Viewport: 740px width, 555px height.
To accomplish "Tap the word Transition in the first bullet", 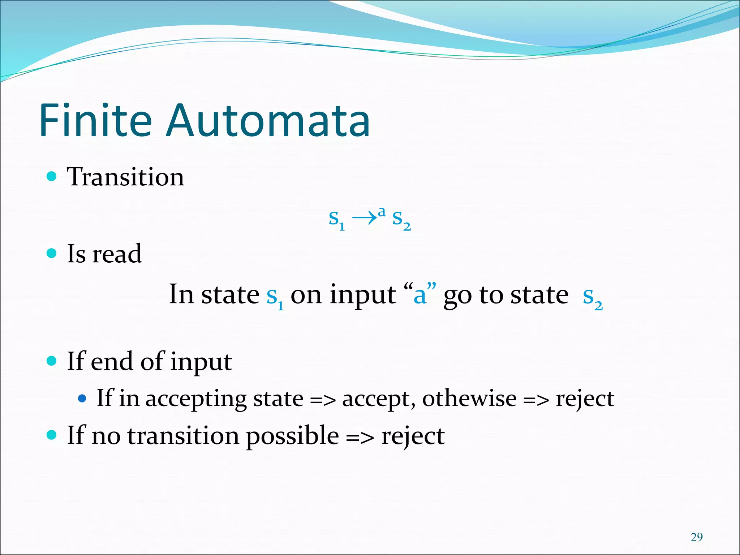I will tap(125, 177).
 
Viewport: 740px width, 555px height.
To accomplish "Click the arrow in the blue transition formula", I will tap(364, 218).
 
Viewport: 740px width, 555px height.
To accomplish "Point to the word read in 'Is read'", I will tap(117, 254).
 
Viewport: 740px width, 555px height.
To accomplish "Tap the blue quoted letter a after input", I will tap(420, 296).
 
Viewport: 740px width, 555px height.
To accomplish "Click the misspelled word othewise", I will tap(469, 399).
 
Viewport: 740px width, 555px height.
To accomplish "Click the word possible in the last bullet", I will tap(292, 436).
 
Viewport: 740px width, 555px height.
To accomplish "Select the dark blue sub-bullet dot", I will tap(82, 399).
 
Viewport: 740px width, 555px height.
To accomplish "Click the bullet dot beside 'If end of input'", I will tap(52, 361).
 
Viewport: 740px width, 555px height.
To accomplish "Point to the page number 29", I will tap(697, 537).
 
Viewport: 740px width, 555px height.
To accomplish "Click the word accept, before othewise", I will tap(379, 400).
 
